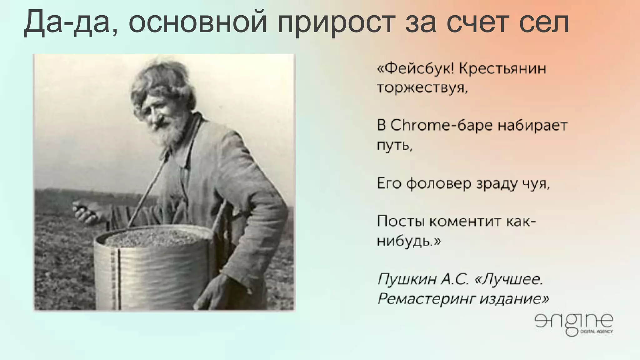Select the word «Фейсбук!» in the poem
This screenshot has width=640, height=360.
coord(416,68)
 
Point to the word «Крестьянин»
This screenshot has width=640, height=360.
coord(503,68)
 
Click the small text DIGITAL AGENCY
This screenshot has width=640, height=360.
coord(597,332)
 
